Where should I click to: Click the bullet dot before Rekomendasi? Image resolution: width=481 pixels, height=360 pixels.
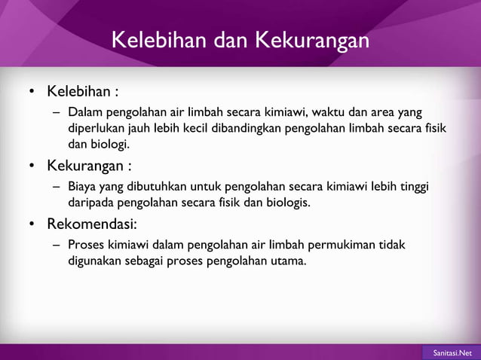coord(32,224)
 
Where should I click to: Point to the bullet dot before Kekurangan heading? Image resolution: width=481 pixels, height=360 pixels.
coord(32,166)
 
